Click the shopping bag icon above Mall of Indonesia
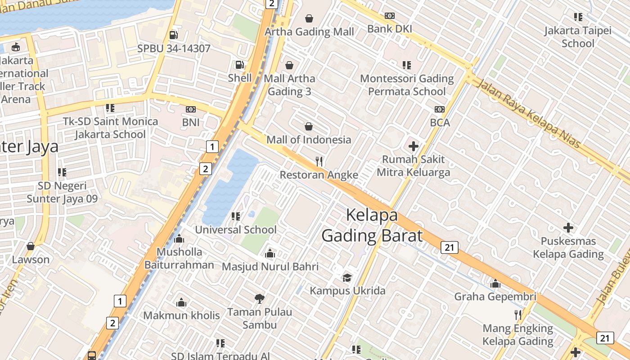coord(309,126)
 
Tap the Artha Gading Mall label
coord(309,31)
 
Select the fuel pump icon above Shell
coord(240,65)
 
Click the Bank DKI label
coord(390,29)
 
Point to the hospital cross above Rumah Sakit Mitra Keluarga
coord(413,146)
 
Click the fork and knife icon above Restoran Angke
coord(319,162)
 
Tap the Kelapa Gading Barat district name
coord(372,225)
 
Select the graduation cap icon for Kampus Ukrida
coord(347,277)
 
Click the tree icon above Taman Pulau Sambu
coord(259,298)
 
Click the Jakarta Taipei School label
coord(578,37)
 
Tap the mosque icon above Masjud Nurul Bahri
coord(270,253)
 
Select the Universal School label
coord(236,229)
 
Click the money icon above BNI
coord(191,109)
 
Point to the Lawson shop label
coord(31,260)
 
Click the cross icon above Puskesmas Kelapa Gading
coord(568,228)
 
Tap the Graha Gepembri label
coord(495,297)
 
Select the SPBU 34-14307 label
coord(174,48)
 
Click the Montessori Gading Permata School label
coord(407,85)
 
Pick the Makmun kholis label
coord(181,315)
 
